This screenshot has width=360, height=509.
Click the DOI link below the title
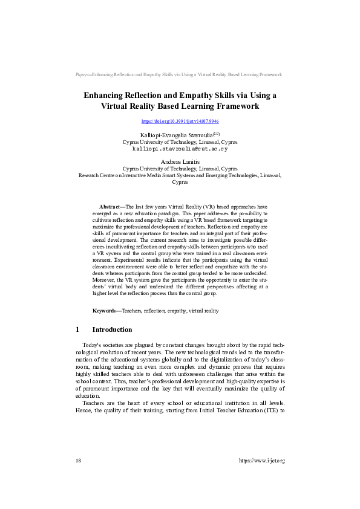[x=180, y=122]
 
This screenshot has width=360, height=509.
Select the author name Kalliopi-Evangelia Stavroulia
[x=171, y=134]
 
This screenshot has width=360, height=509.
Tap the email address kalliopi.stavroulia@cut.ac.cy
[x=180, y=148]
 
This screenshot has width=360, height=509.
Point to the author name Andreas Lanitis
[x=180, y=161]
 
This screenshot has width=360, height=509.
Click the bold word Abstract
[x=110, y=207]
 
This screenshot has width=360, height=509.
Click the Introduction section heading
[x=111, y=329]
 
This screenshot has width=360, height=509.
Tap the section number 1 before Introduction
[x=78, y=329]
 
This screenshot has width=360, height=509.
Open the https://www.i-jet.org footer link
[x=262, y=461]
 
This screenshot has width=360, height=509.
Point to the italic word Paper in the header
[x=82, y=74]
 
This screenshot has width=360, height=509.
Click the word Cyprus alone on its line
[x=180, y=181]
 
